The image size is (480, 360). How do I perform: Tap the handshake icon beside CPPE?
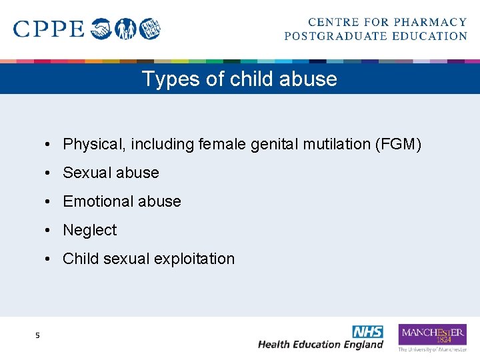pyautogui.click(x=101, y=29)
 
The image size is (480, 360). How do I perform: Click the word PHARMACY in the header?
pyautogui.click(x=431, y=23)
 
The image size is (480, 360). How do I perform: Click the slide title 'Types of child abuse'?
pyautogui.click(x=239, y=79)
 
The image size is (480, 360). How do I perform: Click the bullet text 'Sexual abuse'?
pyautogui.click(x=111, y=173)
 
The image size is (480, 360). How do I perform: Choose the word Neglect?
pyautogui.click(x=89, y=230)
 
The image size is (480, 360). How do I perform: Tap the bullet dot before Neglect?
pyautogui.click(x=50, y=230)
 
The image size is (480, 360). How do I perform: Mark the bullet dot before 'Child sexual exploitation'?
pyautogui.click(x=50, y=259)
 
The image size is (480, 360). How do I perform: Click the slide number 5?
pyautogui.click(x=38, y=335)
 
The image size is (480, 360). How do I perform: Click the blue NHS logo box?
pyautogui.click(x=367, y=331)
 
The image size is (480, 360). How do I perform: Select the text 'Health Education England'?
pyautogui.click(x=321, y=345)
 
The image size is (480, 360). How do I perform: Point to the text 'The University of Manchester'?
pyautogui.click(x=432, y=349)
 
